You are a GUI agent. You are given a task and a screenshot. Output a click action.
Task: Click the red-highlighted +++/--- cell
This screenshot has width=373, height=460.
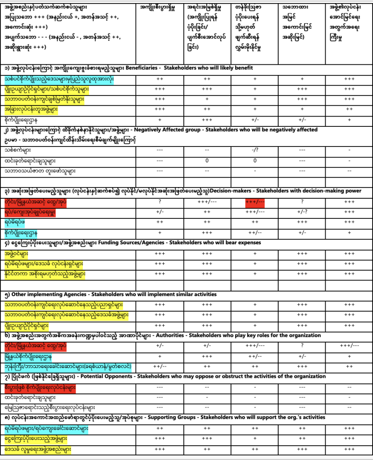coord(254,202)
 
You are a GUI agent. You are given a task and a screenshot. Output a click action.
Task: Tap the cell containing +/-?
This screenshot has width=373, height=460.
coord(302,212)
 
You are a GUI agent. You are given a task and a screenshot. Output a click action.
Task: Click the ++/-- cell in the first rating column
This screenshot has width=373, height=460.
coord(160,366)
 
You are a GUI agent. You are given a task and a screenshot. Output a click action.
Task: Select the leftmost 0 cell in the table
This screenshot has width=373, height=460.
coord(207,160)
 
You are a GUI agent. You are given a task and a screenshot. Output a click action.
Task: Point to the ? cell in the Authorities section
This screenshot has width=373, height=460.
coord(302,345)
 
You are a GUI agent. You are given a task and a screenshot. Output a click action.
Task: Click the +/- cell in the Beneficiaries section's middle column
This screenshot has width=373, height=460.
coord(254,120)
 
